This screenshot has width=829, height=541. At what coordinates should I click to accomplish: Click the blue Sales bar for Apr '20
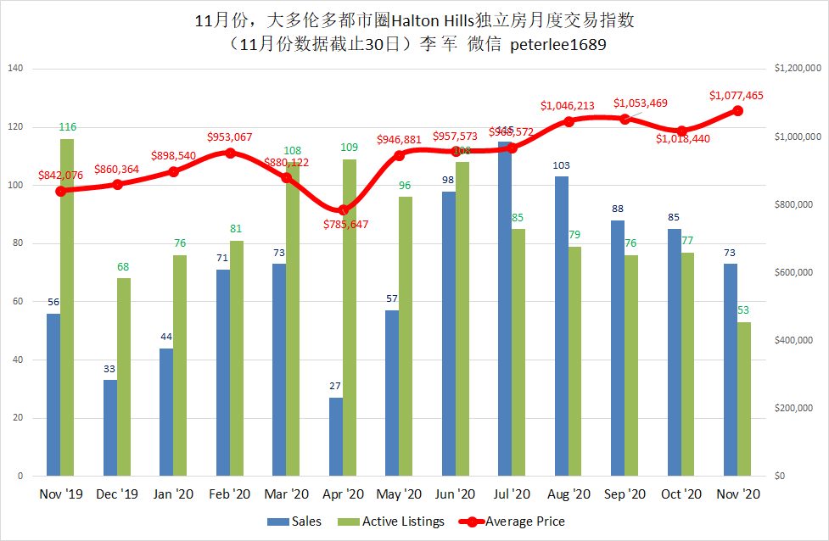coord(335,437)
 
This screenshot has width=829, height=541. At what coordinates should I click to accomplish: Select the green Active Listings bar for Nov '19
coord(67,307)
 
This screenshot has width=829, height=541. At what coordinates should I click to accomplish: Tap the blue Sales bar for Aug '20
coord(561,326)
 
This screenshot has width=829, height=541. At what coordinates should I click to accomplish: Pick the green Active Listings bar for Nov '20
coord(744,399)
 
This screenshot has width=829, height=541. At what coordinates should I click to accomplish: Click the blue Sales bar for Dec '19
coord(110,428)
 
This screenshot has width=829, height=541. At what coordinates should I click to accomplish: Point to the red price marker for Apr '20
coord(343,210)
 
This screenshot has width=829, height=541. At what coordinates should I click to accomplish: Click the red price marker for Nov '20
coord(738,111)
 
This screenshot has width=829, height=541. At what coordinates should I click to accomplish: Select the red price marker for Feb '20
coord(230,153)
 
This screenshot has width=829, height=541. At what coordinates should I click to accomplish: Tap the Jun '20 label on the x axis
coord(455,494)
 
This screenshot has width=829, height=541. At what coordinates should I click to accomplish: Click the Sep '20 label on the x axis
coord(625,494)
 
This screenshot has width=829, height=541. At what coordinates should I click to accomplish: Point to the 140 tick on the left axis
coord(15,69)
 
